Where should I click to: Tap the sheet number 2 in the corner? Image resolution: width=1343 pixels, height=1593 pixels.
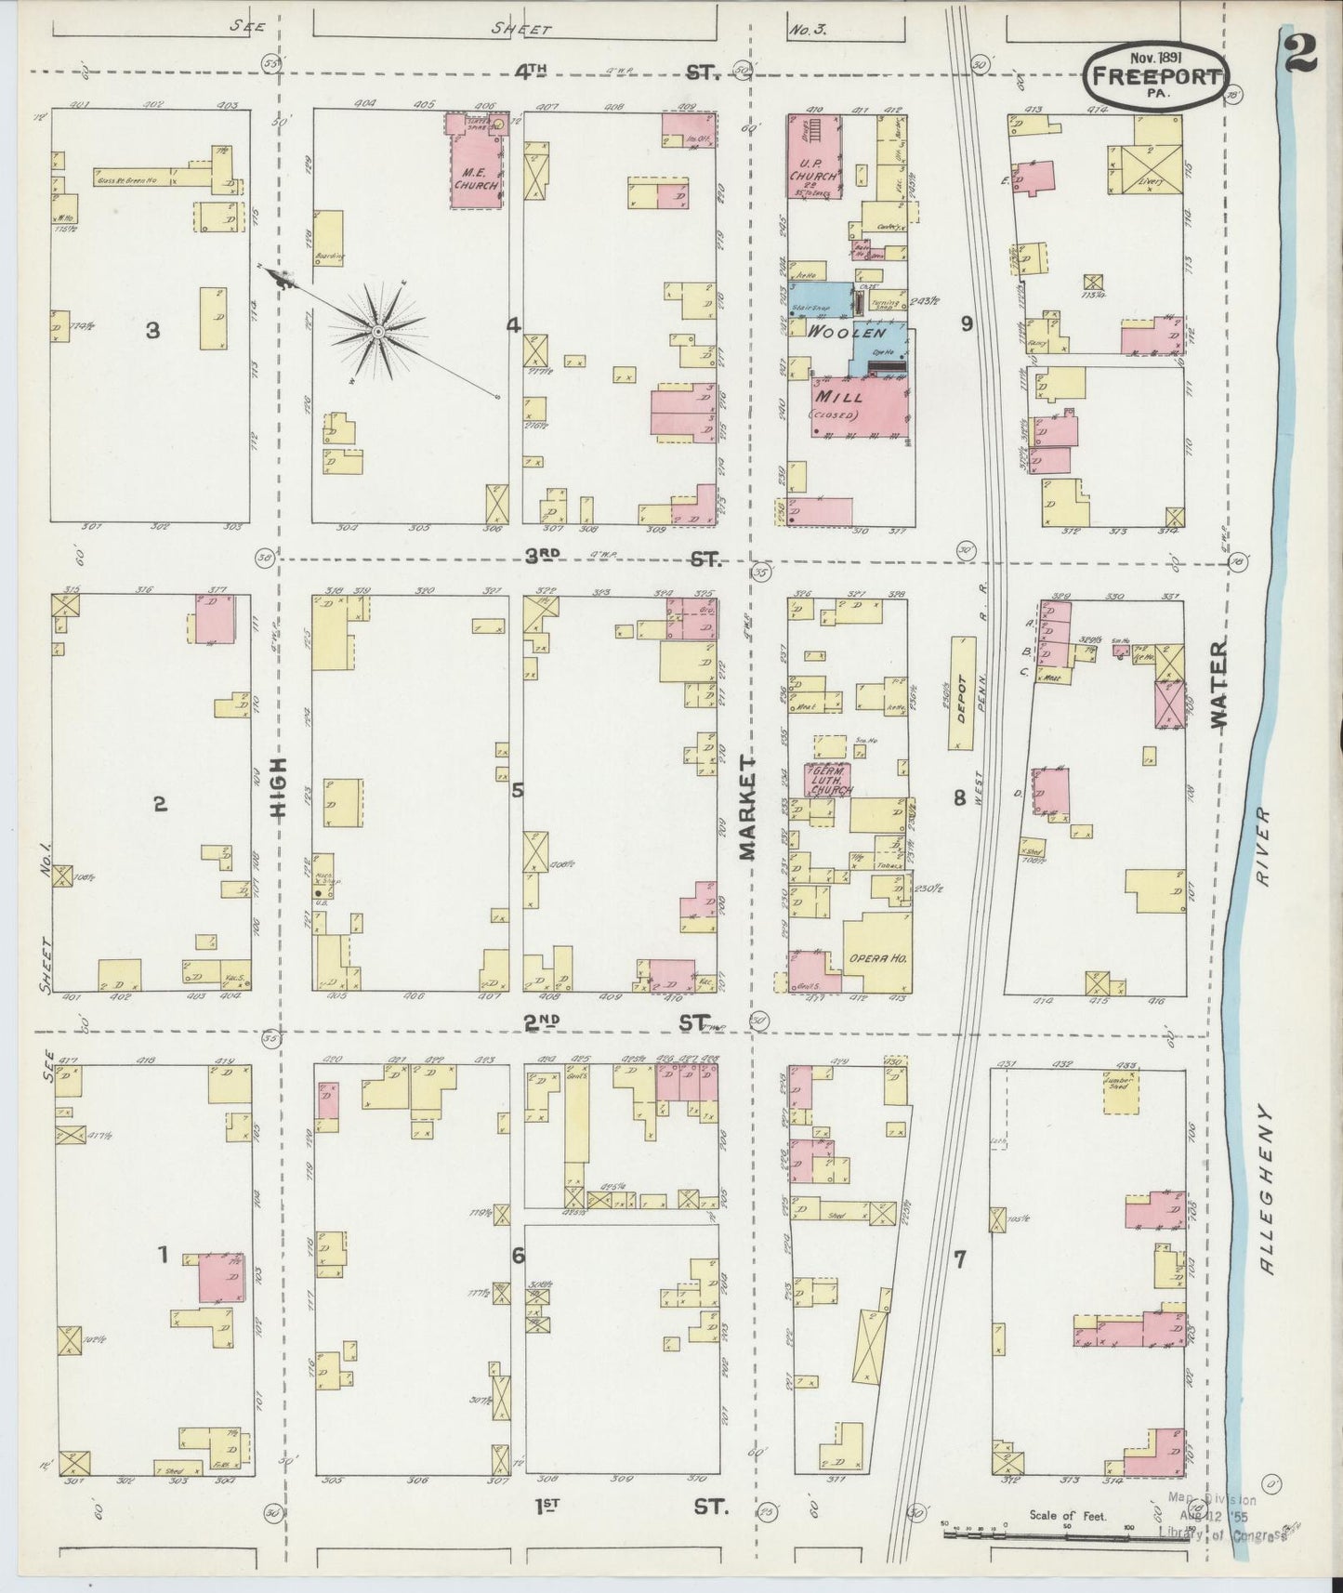click(x=1300, y=53)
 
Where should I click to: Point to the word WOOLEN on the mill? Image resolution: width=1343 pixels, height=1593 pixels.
click(x=844, y=332)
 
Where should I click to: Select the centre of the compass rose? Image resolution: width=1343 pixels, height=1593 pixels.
click(x=378, y=331)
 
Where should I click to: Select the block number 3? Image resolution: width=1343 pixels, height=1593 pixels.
click(x=153, y=330)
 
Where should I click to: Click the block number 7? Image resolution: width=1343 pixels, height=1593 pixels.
click(x=960, y=1259)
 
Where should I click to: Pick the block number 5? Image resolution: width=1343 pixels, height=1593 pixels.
click(x=517, y=790)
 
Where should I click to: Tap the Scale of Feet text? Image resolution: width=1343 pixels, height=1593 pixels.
click(x=1067, y=1515)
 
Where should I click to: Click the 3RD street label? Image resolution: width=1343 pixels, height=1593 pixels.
click(x=542, y=556)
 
